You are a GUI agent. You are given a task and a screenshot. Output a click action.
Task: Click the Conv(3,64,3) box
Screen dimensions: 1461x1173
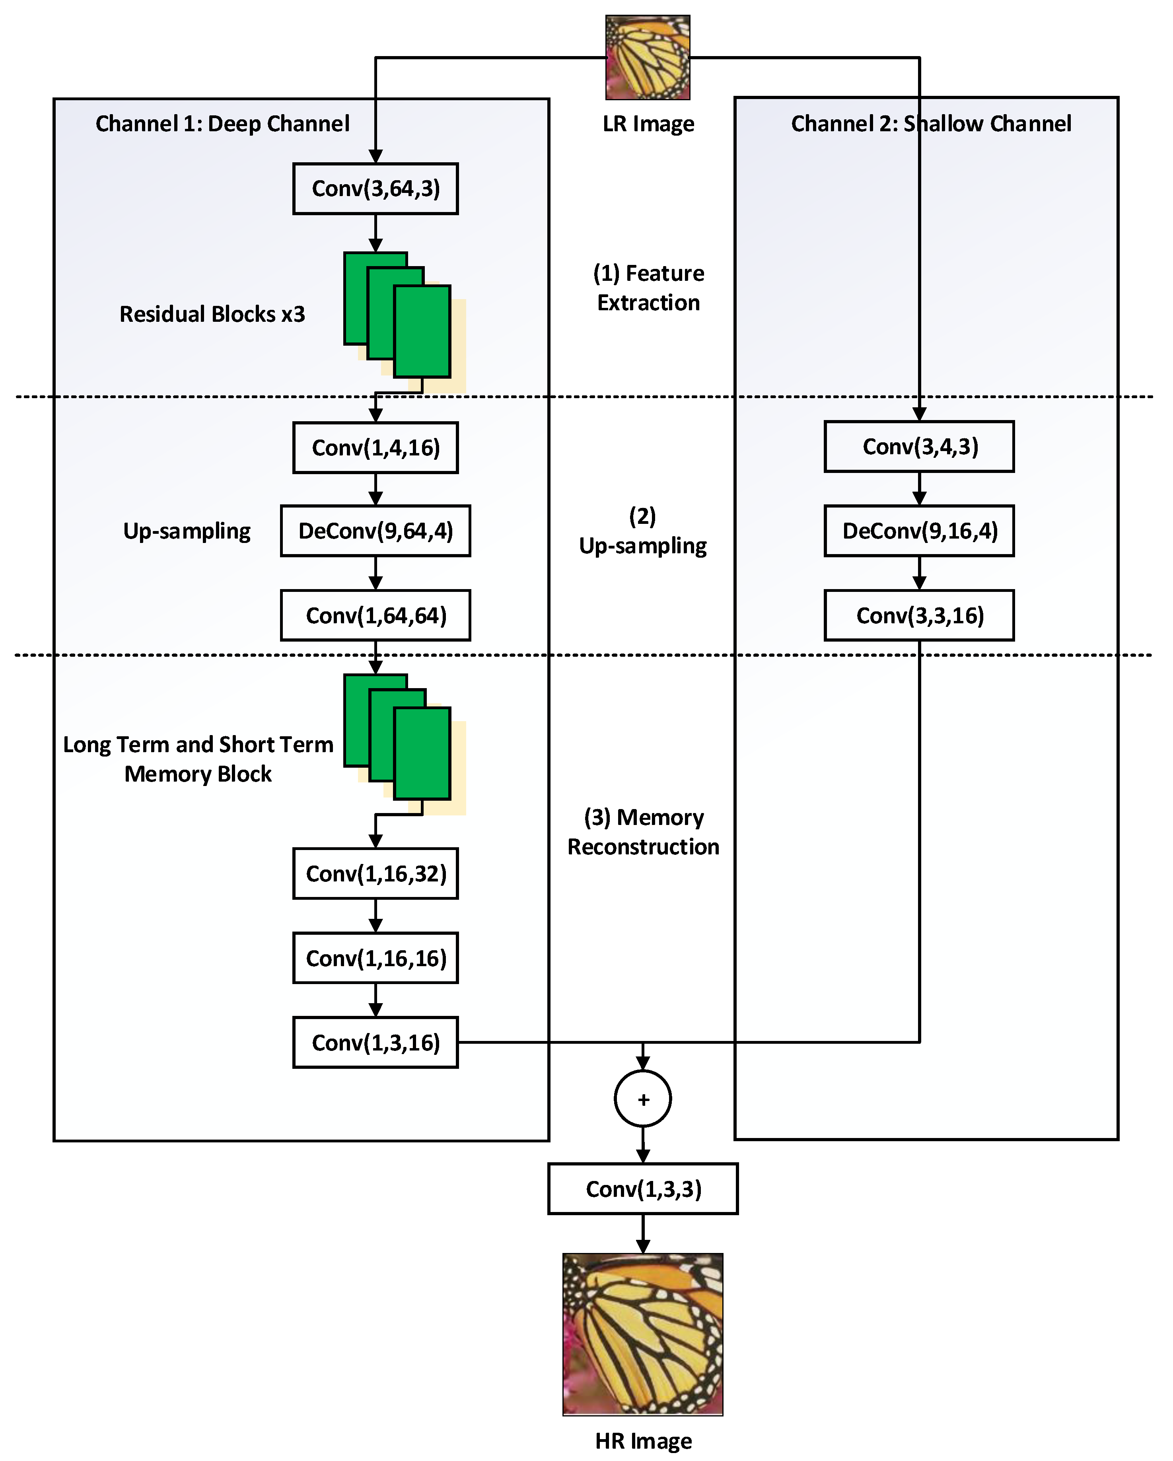click(x=375, y=189)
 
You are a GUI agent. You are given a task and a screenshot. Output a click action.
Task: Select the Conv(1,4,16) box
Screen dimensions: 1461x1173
click(x=375, y=448)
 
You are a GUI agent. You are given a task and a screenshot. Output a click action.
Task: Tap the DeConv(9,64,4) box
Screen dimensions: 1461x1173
click(x=375, y=531)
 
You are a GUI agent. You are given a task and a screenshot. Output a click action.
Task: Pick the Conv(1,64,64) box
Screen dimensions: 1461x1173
click(x=375, y=615)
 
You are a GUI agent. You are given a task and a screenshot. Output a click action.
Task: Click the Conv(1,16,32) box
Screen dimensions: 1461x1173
click(x=375, y=873)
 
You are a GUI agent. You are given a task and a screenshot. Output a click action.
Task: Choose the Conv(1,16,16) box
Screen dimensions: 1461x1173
click(x=375, y=958)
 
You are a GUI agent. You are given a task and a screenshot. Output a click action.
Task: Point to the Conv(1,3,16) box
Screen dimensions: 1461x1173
click(x=375, y=1042)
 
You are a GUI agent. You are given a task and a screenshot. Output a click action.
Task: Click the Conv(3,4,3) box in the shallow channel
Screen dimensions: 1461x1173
click(x=920, y=447)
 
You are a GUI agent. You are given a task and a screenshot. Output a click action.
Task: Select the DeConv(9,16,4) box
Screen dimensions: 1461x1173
click(x=920, y=531)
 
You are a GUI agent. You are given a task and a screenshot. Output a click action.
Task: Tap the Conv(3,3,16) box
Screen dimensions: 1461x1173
click(x=920, y=615)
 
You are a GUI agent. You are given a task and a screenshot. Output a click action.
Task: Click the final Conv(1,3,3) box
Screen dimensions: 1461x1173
click(x=643, y=1189)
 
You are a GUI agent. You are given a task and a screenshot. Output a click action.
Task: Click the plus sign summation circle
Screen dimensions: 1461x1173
click(x=643, y=1099)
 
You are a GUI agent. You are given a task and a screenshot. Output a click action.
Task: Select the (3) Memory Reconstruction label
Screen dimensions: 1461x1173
click(x=643, y=832)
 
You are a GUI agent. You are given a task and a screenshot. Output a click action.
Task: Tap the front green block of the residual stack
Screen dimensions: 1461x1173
click(x=422, y=331)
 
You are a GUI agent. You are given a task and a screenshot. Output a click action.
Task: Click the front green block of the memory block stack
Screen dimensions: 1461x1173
click(x=422, y=753)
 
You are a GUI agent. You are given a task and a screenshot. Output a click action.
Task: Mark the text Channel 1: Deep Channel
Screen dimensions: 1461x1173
click(x=222, y=124)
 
